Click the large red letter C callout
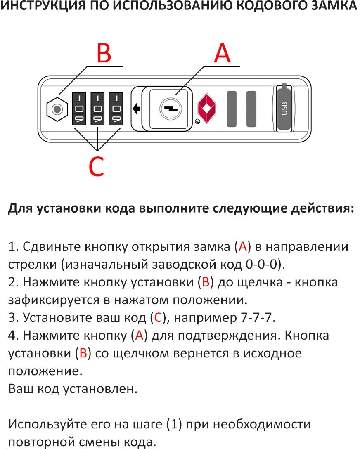click(96, 166)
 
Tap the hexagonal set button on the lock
click(58, 109)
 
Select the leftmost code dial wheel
click(79, 109)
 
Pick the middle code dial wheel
click(98, 109)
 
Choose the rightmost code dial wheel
click(116, 109)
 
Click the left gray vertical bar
click(232, 109)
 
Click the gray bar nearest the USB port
click(251, 109)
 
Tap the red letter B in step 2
click(206, 282)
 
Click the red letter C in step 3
click(159, 318)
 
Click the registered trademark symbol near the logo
click(197, 121)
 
